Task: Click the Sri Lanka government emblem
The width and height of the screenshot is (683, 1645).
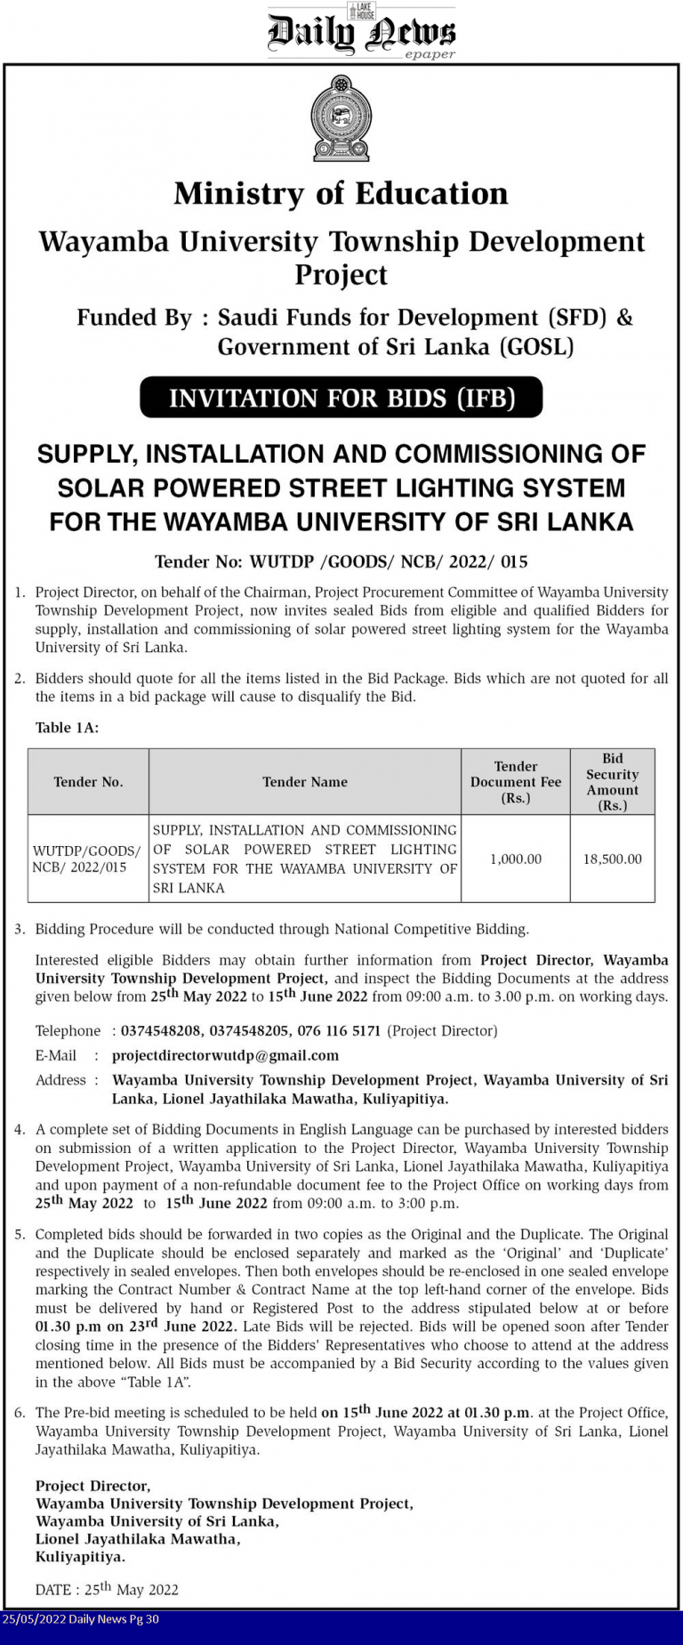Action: [341, 118]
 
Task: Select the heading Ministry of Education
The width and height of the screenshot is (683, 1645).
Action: [341, 194]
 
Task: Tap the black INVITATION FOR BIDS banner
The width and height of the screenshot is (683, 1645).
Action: [341, 398]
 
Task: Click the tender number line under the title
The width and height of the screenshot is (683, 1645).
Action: [341, 561]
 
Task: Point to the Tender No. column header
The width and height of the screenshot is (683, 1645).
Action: [88, 782]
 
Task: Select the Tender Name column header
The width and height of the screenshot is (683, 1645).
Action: [305, 782]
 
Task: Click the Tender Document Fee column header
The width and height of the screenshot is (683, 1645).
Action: [516, 782]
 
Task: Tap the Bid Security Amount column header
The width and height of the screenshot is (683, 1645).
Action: [612, 782]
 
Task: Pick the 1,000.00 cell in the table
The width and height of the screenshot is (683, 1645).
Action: [516, 859]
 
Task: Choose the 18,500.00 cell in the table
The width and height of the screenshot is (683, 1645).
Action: [612, 859]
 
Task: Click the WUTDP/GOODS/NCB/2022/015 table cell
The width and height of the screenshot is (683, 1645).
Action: [86, 859]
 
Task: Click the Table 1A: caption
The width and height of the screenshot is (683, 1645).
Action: [67, 728]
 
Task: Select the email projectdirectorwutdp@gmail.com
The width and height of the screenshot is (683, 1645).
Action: [226, 1055]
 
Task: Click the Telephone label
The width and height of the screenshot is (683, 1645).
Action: [68, 1030]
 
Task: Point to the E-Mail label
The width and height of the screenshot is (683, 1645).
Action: [56, 1055]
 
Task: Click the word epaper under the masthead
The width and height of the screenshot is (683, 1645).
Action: [430, 54]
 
